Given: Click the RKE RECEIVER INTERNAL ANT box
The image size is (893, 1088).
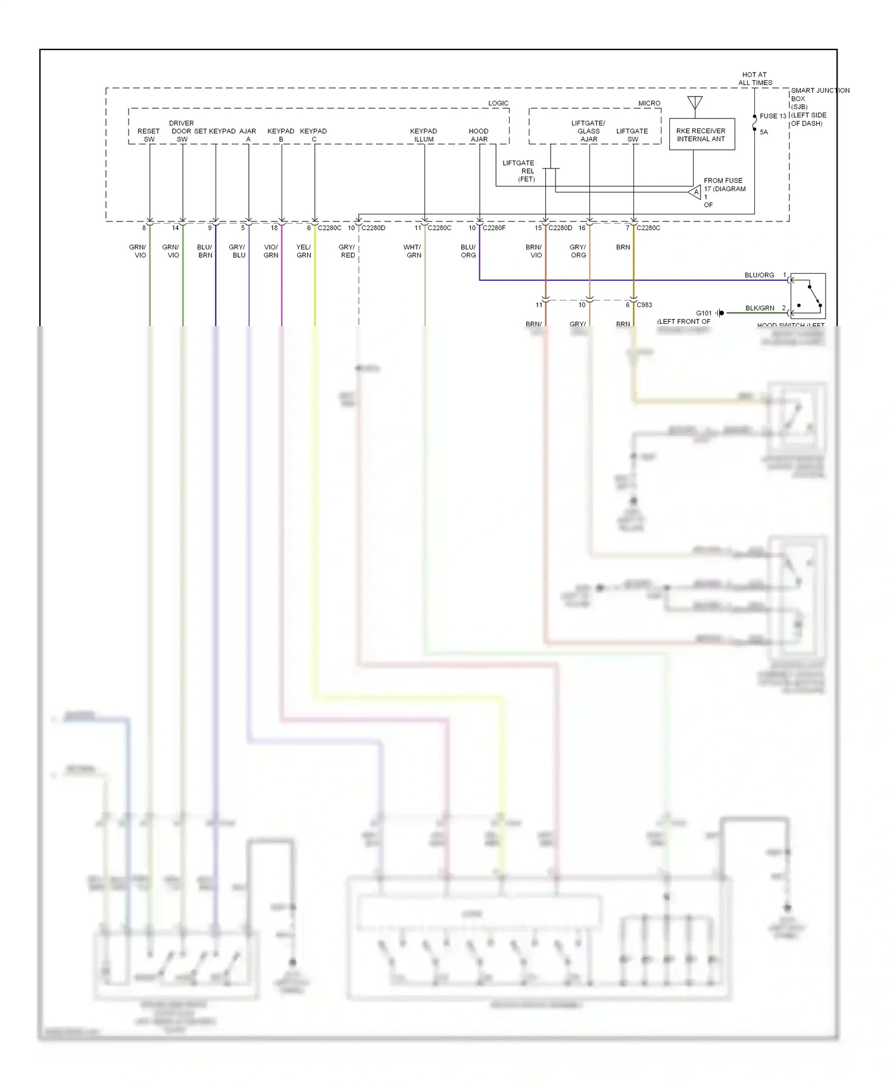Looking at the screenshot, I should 701,135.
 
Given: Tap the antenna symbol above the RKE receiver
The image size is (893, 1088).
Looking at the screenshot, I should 695,103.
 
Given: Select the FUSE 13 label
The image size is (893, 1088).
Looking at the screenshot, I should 773,116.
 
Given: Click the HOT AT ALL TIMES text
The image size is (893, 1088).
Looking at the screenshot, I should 755,79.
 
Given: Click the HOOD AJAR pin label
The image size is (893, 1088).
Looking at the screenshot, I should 479,135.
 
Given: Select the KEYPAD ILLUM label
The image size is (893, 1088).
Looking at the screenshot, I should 423,135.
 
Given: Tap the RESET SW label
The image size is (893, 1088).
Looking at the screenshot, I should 148,135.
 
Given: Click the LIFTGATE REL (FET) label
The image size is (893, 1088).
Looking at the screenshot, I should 519,171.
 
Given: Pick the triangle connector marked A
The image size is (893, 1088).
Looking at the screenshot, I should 695,192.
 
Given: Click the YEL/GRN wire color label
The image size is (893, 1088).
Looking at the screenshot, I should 304,251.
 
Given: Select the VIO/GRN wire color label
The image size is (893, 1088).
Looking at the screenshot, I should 271,251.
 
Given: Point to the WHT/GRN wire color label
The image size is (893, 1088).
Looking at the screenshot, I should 413,251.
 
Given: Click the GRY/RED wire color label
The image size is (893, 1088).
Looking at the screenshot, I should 347,251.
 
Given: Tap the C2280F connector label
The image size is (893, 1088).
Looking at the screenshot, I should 494,228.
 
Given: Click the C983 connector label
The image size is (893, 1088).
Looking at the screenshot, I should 644,305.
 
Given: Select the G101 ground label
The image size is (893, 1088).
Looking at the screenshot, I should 704,313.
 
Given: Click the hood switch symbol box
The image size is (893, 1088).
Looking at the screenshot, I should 808,296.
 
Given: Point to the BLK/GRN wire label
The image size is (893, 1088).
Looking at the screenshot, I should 760,308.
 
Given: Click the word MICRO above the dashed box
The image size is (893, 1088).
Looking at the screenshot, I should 649,103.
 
